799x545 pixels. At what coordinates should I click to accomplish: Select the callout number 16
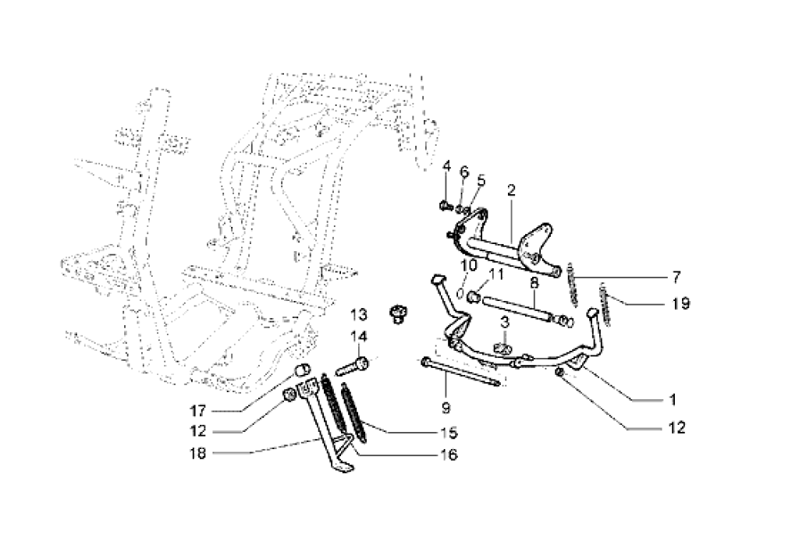[449, 455]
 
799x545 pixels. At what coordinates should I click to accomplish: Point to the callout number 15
[449, 432]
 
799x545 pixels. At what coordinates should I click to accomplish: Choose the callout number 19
[680, 303]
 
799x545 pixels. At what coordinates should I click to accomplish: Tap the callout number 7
[676, 276]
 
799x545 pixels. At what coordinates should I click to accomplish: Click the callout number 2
[512, 189]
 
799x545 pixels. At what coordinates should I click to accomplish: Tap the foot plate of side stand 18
[341, 466]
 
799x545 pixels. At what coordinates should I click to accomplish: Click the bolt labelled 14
[353, 363]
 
